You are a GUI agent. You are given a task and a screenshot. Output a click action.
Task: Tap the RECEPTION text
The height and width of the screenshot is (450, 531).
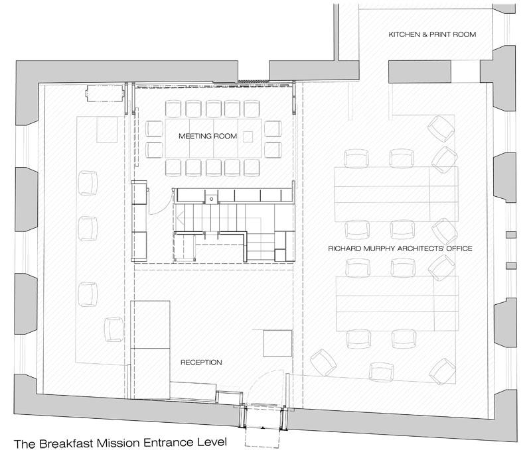(201, 363)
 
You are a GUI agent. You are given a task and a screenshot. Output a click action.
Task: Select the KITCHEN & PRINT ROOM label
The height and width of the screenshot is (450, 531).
(431, 34)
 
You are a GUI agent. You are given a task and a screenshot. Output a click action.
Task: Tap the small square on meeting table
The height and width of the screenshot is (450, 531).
(248, 137)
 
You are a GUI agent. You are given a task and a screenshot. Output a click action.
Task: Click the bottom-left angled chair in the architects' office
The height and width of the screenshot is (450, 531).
(323, 361)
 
